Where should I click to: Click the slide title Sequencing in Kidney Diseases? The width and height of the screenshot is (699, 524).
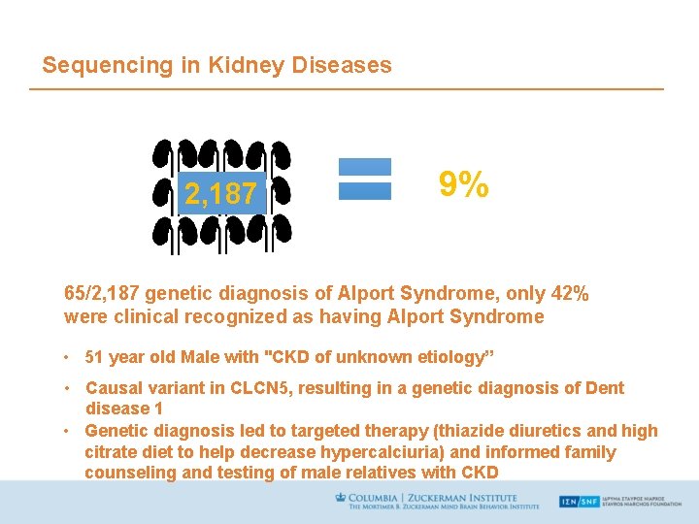(x=216, y=65)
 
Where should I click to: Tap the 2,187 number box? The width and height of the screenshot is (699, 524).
(x=220, y=194)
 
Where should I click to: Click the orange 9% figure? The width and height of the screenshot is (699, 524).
(x=463, y=184)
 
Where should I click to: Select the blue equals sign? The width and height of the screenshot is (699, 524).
(x=364, y=180)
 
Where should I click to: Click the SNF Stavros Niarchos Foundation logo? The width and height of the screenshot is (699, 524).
(x=621, y=502)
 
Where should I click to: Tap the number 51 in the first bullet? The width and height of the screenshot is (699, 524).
(x=96, y=357)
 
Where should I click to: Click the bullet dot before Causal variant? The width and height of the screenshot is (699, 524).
(x=69, y=388)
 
